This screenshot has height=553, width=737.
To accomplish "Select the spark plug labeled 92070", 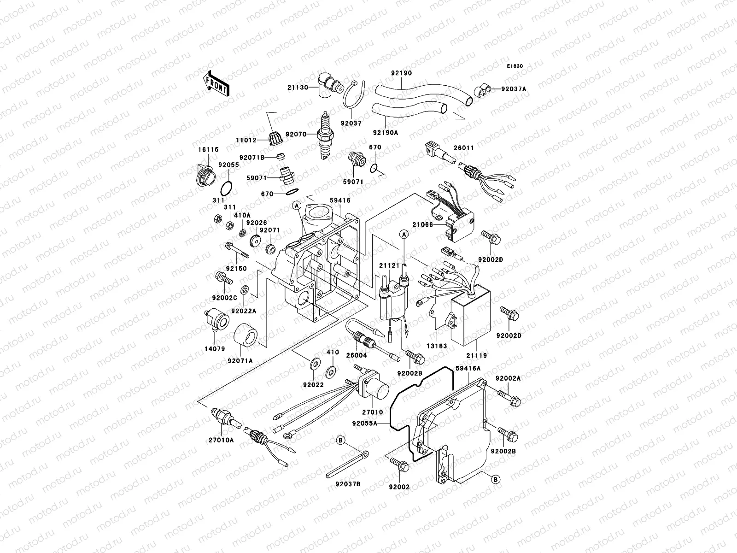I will pyautogui.click(x=325, y=136).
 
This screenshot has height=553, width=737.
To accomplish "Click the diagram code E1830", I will pyautogui.click(x=515, y=66).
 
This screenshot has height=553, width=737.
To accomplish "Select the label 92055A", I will pyautogui.click(x=364, y=422).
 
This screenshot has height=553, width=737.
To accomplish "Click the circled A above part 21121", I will pyautogui.click(x=404, y=235).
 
